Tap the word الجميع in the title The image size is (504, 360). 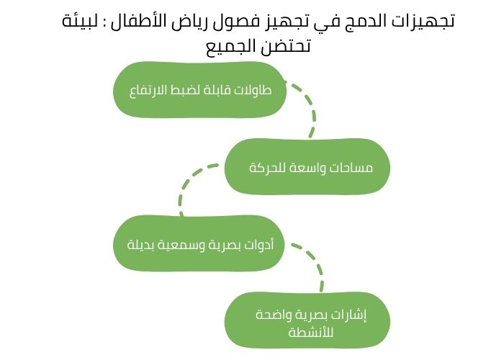[226, 48]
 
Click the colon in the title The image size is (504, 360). [112, 22]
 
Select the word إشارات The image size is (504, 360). [350, 315]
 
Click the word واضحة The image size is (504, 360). [270, 315]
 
